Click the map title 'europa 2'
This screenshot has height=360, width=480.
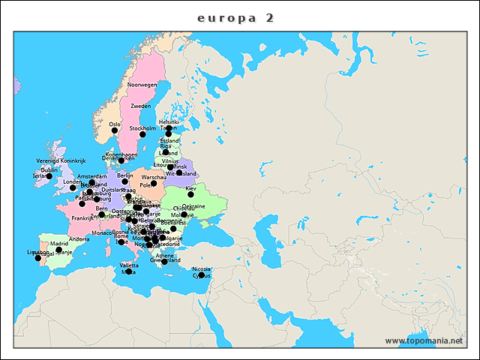point(235,17)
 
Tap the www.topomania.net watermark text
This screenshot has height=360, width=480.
point(424,340)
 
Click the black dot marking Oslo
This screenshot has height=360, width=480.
point(115,130)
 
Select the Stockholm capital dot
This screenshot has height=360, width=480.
point(142,134)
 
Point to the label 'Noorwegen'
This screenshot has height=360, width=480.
point(142,85)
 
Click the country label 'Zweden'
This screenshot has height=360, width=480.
point(141,106)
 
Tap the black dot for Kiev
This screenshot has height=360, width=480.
point(190,194)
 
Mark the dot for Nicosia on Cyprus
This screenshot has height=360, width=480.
point(201,274)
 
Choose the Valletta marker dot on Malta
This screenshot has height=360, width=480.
point(128,271)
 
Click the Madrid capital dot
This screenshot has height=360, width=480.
point(59,250)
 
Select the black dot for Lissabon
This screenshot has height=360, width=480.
point(37,258)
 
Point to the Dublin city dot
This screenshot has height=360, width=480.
point(49,176)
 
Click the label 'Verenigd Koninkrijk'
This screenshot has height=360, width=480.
point(61,160)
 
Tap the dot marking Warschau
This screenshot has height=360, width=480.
point(154,183)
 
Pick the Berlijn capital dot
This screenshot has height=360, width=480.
point(124,181)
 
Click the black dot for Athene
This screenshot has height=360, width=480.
point(164,262)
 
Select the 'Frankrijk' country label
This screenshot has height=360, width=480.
point(82,218)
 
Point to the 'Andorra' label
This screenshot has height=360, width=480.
point(79,239)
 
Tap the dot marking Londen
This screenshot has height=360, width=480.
point(73,187)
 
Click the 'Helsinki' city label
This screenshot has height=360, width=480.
point(168,121)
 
